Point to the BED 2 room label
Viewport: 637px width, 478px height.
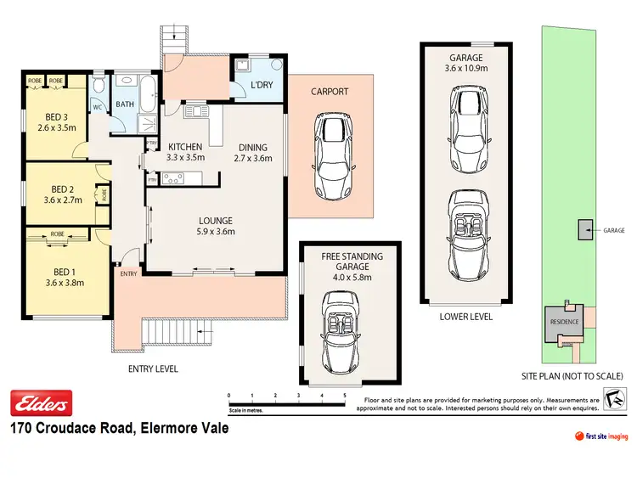pos(59,188)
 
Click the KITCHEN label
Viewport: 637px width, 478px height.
pos(185,145)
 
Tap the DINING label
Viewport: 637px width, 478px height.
pos(252,145)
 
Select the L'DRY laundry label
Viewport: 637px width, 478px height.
pos(260,85)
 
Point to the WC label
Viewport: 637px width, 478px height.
pos(98,107)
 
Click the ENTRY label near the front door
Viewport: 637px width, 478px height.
pos(128,273)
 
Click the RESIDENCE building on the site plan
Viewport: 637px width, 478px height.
pos(562,321)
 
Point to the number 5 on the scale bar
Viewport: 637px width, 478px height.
pos(345,396)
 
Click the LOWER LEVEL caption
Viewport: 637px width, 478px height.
pos(465,317)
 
